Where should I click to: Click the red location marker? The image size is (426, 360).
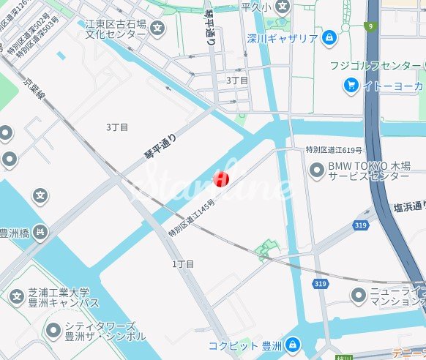[220, 179]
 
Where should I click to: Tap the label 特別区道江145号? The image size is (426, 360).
[192, 217]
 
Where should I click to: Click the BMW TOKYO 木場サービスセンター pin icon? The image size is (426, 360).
[317, 170]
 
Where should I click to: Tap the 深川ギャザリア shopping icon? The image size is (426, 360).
[329, 37]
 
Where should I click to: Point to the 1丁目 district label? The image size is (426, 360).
[183, 263]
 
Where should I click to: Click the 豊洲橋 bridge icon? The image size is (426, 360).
[41, 232]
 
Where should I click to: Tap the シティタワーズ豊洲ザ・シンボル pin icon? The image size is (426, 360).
[52, 331]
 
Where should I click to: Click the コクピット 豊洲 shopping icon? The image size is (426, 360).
[292, 343]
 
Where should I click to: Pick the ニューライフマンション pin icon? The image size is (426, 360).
[358, 296]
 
